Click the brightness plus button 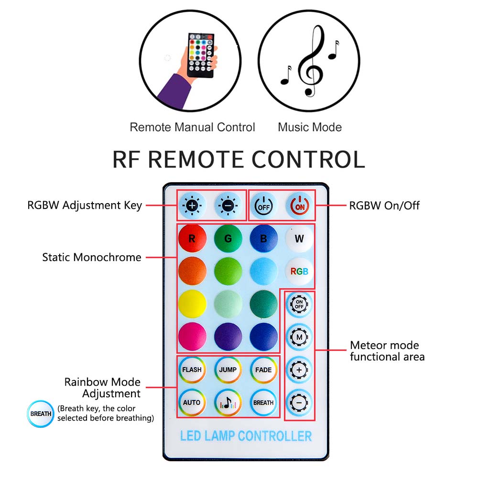coord(192,206)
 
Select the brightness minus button coord(227,206)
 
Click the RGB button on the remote coord(299,271)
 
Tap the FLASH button coord(192,369)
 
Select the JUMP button coord(228,369)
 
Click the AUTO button coord(192,402)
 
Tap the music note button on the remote coord(228,402)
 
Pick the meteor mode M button coord(300,337)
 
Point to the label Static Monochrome coord(92,257)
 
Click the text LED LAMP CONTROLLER coord(246,436)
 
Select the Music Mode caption coord(310,127)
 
